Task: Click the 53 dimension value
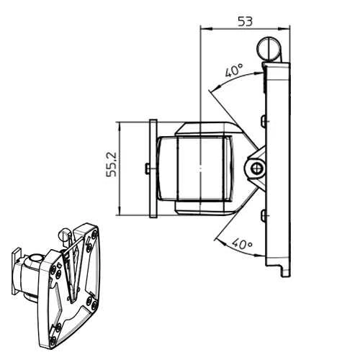246,22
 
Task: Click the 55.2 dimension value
111,164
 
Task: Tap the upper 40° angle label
234,70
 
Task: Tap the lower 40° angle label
243,244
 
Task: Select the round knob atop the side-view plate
269,49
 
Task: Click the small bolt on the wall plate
148,168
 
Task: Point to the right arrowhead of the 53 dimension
284,29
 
